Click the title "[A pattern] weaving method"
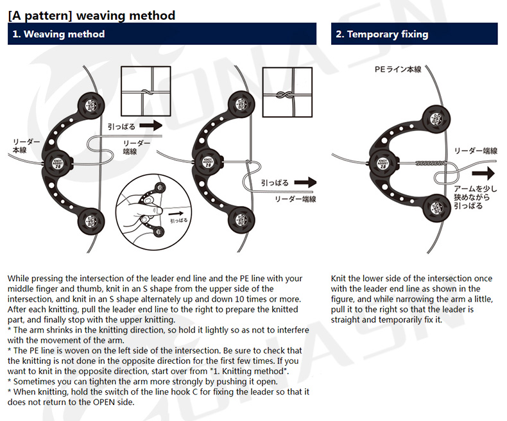92,15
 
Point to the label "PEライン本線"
398,69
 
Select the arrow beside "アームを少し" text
486,173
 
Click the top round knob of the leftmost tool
89,104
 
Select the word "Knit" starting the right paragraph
339,279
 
